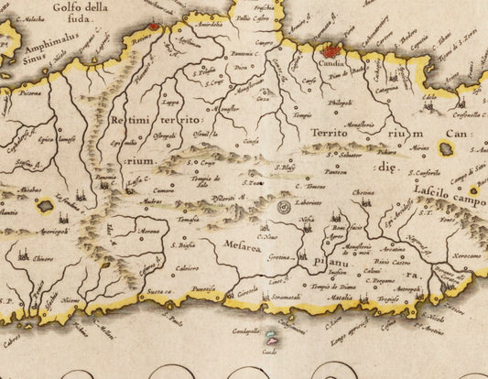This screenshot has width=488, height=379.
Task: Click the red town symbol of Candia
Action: [x=331, y=52]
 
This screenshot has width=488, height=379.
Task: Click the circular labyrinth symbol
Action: [x=284, y=209]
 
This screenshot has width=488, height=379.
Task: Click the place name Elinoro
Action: [x=44, y=259]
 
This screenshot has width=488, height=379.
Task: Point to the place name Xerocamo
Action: [x=466, y=255]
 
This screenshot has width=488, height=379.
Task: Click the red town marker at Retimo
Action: [x=154, y=27]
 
